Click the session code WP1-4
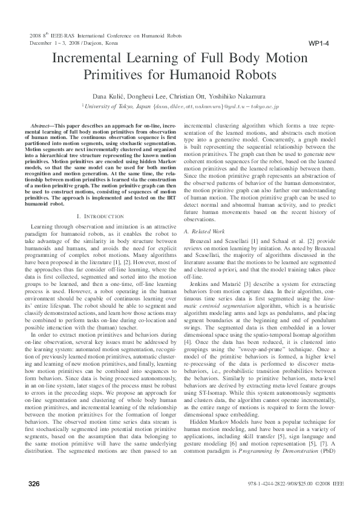(x=318, y=44)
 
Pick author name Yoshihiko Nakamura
(x=241, y=97)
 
